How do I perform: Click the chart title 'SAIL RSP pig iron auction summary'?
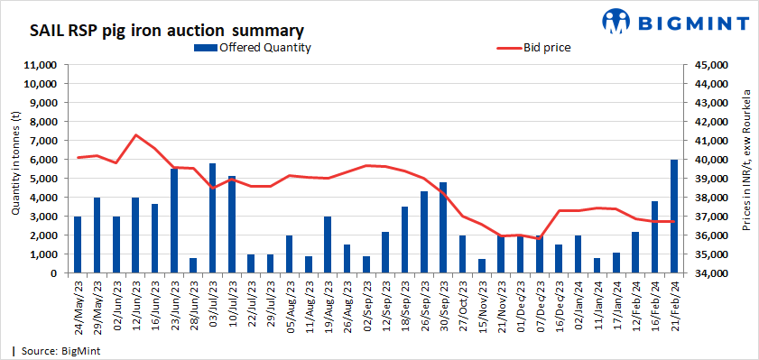pyautogui.click(x=166, y=31)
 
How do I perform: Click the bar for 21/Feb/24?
pyautogui.click(x=674, y=216)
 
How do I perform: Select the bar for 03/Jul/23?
pyautogui.click(x=213, y=217)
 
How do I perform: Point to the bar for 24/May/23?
pyautogui.click(x=78, y=245)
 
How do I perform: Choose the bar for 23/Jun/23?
pyautogui.click(x=174, y=220)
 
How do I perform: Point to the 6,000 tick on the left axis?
pyautogui.click(x=44, y=160)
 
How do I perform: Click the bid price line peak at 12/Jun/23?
pyautogui.click(x=135, y=135)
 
